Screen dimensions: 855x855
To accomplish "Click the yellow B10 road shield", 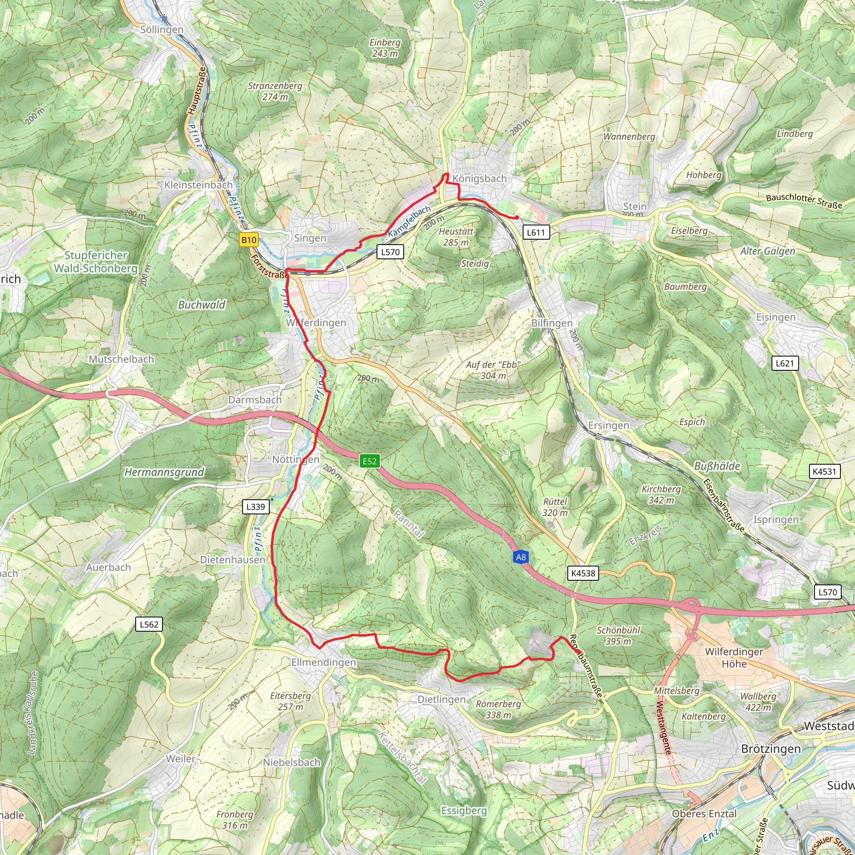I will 248,240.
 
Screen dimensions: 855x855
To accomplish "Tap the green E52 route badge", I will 369,461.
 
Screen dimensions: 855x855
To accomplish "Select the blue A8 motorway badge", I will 521,557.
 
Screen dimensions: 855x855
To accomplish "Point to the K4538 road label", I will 583,573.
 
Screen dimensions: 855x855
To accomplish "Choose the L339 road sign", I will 255,507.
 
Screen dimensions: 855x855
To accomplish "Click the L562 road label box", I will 149,625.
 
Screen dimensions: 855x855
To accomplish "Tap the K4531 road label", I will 824,471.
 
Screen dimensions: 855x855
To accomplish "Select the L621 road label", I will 784,363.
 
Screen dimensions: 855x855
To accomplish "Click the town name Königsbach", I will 479,179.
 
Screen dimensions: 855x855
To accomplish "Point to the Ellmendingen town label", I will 324,662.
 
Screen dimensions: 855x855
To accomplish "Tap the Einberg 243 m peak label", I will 384,48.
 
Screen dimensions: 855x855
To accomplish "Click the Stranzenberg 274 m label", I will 275,91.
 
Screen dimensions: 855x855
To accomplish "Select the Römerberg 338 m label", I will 498,709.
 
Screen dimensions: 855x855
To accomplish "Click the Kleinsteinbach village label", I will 198,185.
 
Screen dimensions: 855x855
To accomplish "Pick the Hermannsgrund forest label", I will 164,472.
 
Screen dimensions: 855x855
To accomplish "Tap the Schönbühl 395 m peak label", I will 618,635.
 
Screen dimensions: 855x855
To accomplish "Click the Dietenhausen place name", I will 233,560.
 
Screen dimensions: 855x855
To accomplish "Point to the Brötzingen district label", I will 771,749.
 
